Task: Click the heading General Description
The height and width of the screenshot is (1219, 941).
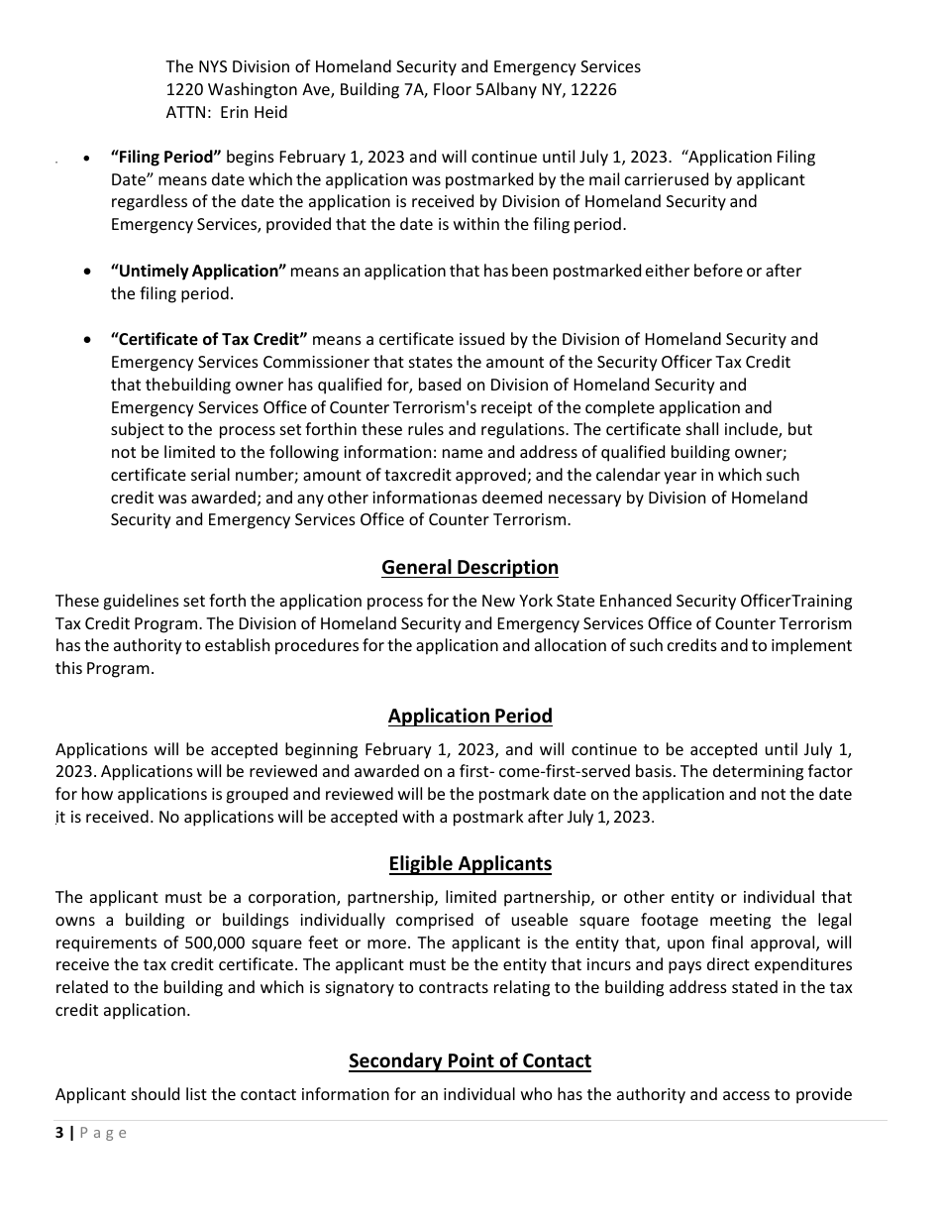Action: [x=470, y=568]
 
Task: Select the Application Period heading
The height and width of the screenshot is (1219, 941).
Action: [x=470, y=717]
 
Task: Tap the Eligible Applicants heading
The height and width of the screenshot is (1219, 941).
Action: [x=470, y=864]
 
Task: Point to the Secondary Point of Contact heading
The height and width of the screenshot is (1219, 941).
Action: [x=470, y=1061]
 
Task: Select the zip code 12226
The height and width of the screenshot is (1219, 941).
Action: [x=591, y=90]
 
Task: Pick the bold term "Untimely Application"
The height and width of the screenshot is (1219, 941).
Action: [x=198, y=272]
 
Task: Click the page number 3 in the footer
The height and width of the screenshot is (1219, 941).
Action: [x=59, y=1133]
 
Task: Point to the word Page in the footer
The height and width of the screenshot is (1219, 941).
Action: [x=103, y=1133]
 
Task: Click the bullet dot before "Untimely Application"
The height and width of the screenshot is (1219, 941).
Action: [x=90, y=272]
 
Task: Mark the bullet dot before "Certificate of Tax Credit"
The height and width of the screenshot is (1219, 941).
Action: [x=90, y=340]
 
